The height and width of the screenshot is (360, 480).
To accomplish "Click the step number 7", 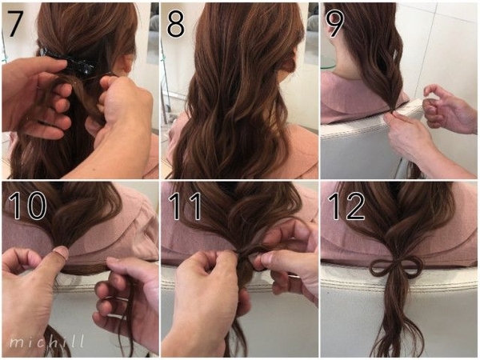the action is pos(14,24).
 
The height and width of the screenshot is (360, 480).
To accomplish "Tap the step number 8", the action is pos(175,25).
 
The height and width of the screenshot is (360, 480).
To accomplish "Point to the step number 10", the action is pos(27,205).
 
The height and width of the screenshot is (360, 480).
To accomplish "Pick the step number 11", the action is pos(185,206).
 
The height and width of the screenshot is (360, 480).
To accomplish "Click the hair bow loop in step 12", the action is pos(397,268).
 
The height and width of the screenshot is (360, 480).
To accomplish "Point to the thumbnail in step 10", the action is pos(62,253).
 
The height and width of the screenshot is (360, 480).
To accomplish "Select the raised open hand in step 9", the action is pos(450,109).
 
